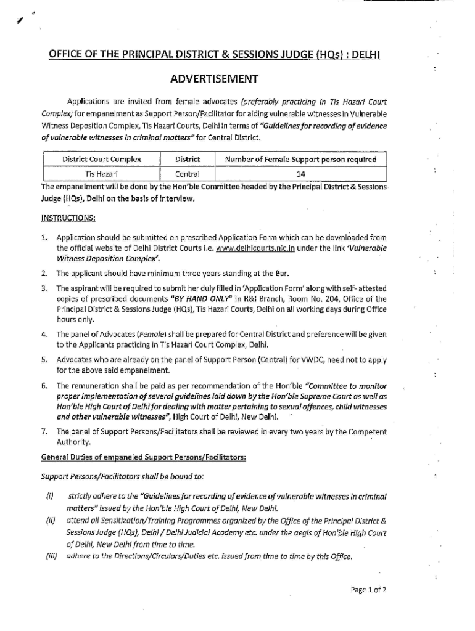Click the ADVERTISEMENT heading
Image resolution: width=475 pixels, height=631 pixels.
click(214, 79)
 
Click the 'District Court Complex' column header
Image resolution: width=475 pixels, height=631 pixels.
click(102, 159)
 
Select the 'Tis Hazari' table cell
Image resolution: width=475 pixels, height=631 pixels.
click(102, 174)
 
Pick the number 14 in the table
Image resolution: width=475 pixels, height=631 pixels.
click(300, 174)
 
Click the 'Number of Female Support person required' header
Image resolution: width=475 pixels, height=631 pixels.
click(300, 159)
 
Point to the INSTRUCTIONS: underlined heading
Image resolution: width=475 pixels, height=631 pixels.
click(67, 217)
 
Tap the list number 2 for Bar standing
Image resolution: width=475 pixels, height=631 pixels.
click(45, 273)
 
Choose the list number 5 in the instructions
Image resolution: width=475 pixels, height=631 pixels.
click(45, 360)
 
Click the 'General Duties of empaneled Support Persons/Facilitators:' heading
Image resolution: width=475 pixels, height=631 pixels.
click(144, 457)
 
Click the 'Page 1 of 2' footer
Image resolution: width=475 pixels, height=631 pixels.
click(368, 589)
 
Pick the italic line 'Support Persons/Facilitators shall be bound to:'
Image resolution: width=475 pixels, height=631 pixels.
click(122, 477)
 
